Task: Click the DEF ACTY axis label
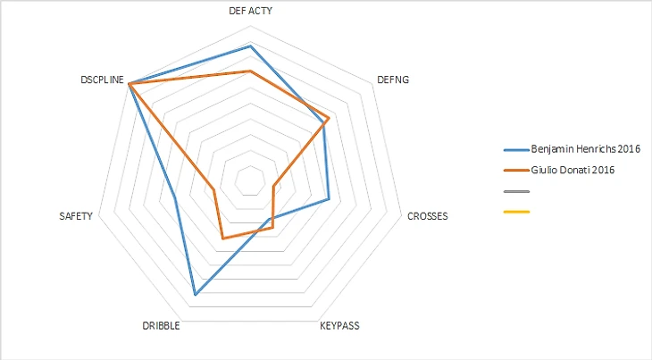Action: pos(250,12)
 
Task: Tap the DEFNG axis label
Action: pos(393,80)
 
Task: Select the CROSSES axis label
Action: pos(427,216)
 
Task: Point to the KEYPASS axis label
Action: pos(339,326)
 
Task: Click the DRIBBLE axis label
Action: pos(161,326)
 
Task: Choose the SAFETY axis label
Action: pos(76,216)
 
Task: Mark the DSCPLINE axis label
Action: pos(101,80)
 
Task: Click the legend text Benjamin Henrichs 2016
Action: pos(587,148)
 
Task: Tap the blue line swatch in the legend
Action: pos(516,148)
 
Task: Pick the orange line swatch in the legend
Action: pos(516,169)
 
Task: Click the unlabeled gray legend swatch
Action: pos(516,191)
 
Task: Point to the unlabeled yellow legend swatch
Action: pos(516,212)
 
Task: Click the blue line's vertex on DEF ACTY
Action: pos(250,45)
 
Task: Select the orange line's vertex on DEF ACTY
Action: pos(250,71)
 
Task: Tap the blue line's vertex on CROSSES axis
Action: pos(329,198)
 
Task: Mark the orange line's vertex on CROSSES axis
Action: pos(272,187)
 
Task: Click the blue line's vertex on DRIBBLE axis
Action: pos(195,294)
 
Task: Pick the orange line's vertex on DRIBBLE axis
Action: pos(222,239)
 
